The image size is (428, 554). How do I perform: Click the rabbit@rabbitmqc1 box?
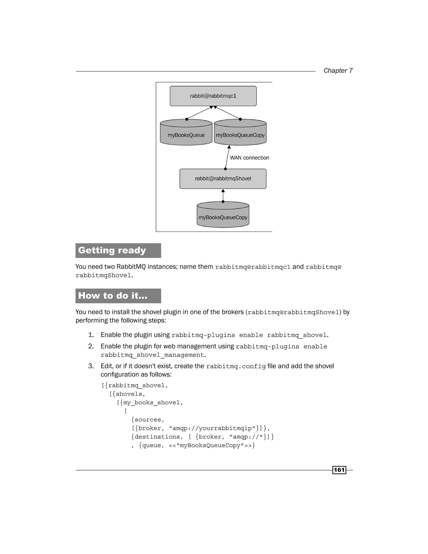coord(213,96)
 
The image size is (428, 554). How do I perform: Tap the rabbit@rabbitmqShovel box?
coord(223,179)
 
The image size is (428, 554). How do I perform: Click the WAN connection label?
coord(249,158)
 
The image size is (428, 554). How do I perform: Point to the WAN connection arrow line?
coord(227,157)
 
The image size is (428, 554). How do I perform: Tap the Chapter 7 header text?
coord(338,70)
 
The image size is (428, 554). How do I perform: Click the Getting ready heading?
coord(112,250)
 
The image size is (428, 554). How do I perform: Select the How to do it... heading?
coord(113,296)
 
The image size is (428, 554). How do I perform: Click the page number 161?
coord(339,470)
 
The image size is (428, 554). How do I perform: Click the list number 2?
coord(91,346)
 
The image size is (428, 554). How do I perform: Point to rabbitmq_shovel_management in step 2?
coord(152,355)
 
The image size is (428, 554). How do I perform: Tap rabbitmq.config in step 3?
coord(236,366)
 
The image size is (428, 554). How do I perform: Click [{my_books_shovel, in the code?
coord(150,403)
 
